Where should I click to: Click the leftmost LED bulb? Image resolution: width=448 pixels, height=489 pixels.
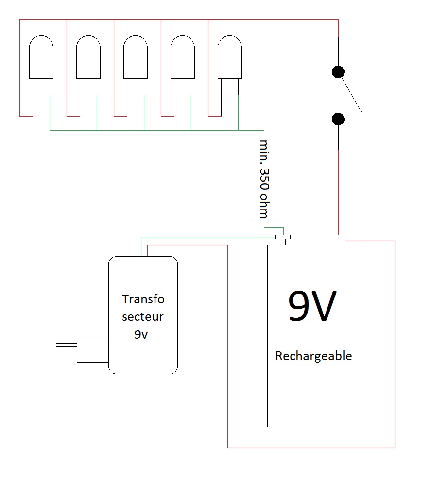41,57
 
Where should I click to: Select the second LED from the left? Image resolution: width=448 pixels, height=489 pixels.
88,57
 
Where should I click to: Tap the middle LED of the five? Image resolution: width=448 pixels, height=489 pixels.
136,57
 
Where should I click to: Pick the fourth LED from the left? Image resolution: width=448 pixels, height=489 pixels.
183,57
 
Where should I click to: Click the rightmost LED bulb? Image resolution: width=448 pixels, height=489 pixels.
230,57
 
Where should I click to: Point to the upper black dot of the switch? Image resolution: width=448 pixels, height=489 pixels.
338,72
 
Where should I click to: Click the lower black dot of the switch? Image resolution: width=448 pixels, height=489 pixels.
338,119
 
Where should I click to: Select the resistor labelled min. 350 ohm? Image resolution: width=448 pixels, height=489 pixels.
264,179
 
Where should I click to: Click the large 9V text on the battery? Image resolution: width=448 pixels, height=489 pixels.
312,307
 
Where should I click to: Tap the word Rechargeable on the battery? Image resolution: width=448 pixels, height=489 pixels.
313,356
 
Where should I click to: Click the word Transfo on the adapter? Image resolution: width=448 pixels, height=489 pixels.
143,298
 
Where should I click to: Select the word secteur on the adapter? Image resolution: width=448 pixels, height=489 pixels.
143,317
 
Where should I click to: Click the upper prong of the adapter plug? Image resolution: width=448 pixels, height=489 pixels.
66,345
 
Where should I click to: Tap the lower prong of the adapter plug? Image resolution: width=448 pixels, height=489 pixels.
66,355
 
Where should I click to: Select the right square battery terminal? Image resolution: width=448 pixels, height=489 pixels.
338,240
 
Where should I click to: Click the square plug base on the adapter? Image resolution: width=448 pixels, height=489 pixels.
92,350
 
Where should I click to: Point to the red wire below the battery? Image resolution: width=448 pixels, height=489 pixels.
311,447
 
